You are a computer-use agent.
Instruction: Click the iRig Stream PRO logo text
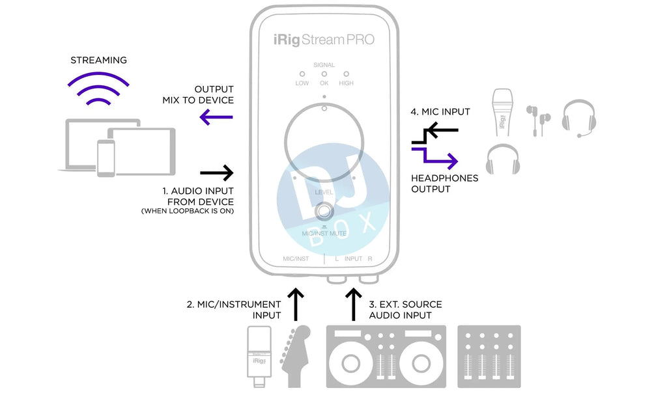pyautogui.click(x=324, y=40)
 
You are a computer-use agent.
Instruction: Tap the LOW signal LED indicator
pyautogui.click(x=302, y=75)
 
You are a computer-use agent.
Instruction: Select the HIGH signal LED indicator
pyautogui.click(x=346, y=75)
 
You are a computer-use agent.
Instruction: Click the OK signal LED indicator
pyautogui.click(x=324, y=75)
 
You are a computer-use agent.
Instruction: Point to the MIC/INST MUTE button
pyautogui.click(x=324, y=212)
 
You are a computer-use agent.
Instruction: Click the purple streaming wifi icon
pyautogui.click(x=99, y=90)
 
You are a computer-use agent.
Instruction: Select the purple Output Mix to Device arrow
pyautogui.click(x=216, y=117)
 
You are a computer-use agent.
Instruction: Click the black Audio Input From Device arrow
pyautogui.click(x=216, y=172)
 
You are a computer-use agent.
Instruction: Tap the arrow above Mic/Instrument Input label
pyautogui.click(x=296, y=305)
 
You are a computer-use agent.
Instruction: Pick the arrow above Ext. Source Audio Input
pyautogui.click(x=353, y=305)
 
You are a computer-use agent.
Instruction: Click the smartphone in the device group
pyautogui.click(x=106, y=158)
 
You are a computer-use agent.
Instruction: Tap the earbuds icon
pyautogui.click(x=538, y=121)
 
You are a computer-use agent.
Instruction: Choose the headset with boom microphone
pyautogui.click(x=578, y=117)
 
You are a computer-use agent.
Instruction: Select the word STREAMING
pyautogui.click(x=99, y=61)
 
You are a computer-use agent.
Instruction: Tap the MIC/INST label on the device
pyautogui.click(x=296, y=258)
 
